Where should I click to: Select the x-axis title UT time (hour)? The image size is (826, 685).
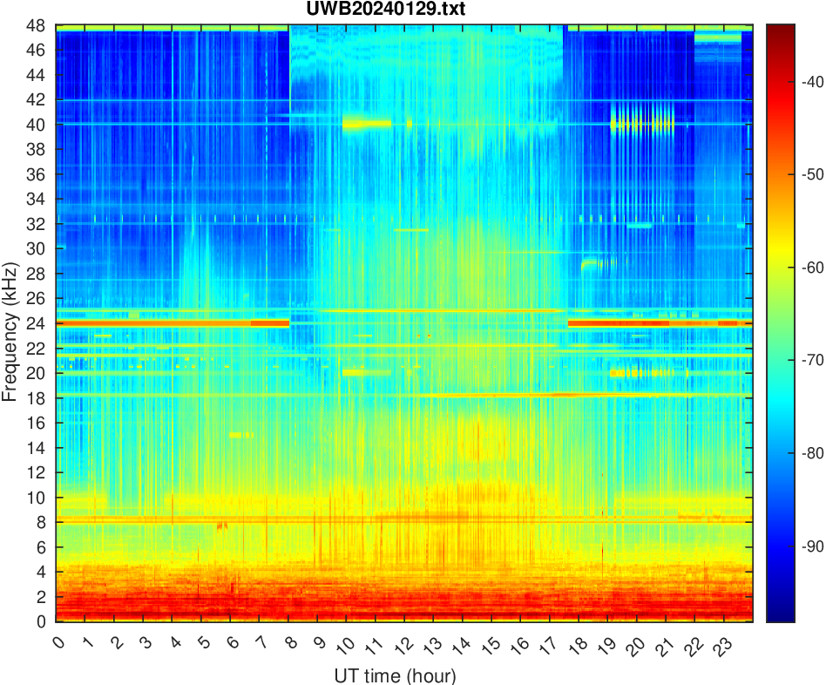point(395,675)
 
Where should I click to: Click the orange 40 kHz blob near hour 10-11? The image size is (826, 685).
point(366,124)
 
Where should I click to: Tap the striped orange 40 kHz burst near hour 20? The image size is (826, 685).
point(642,124)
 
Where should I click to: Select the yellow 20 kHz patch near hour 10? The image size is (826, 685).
point(355,372)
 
